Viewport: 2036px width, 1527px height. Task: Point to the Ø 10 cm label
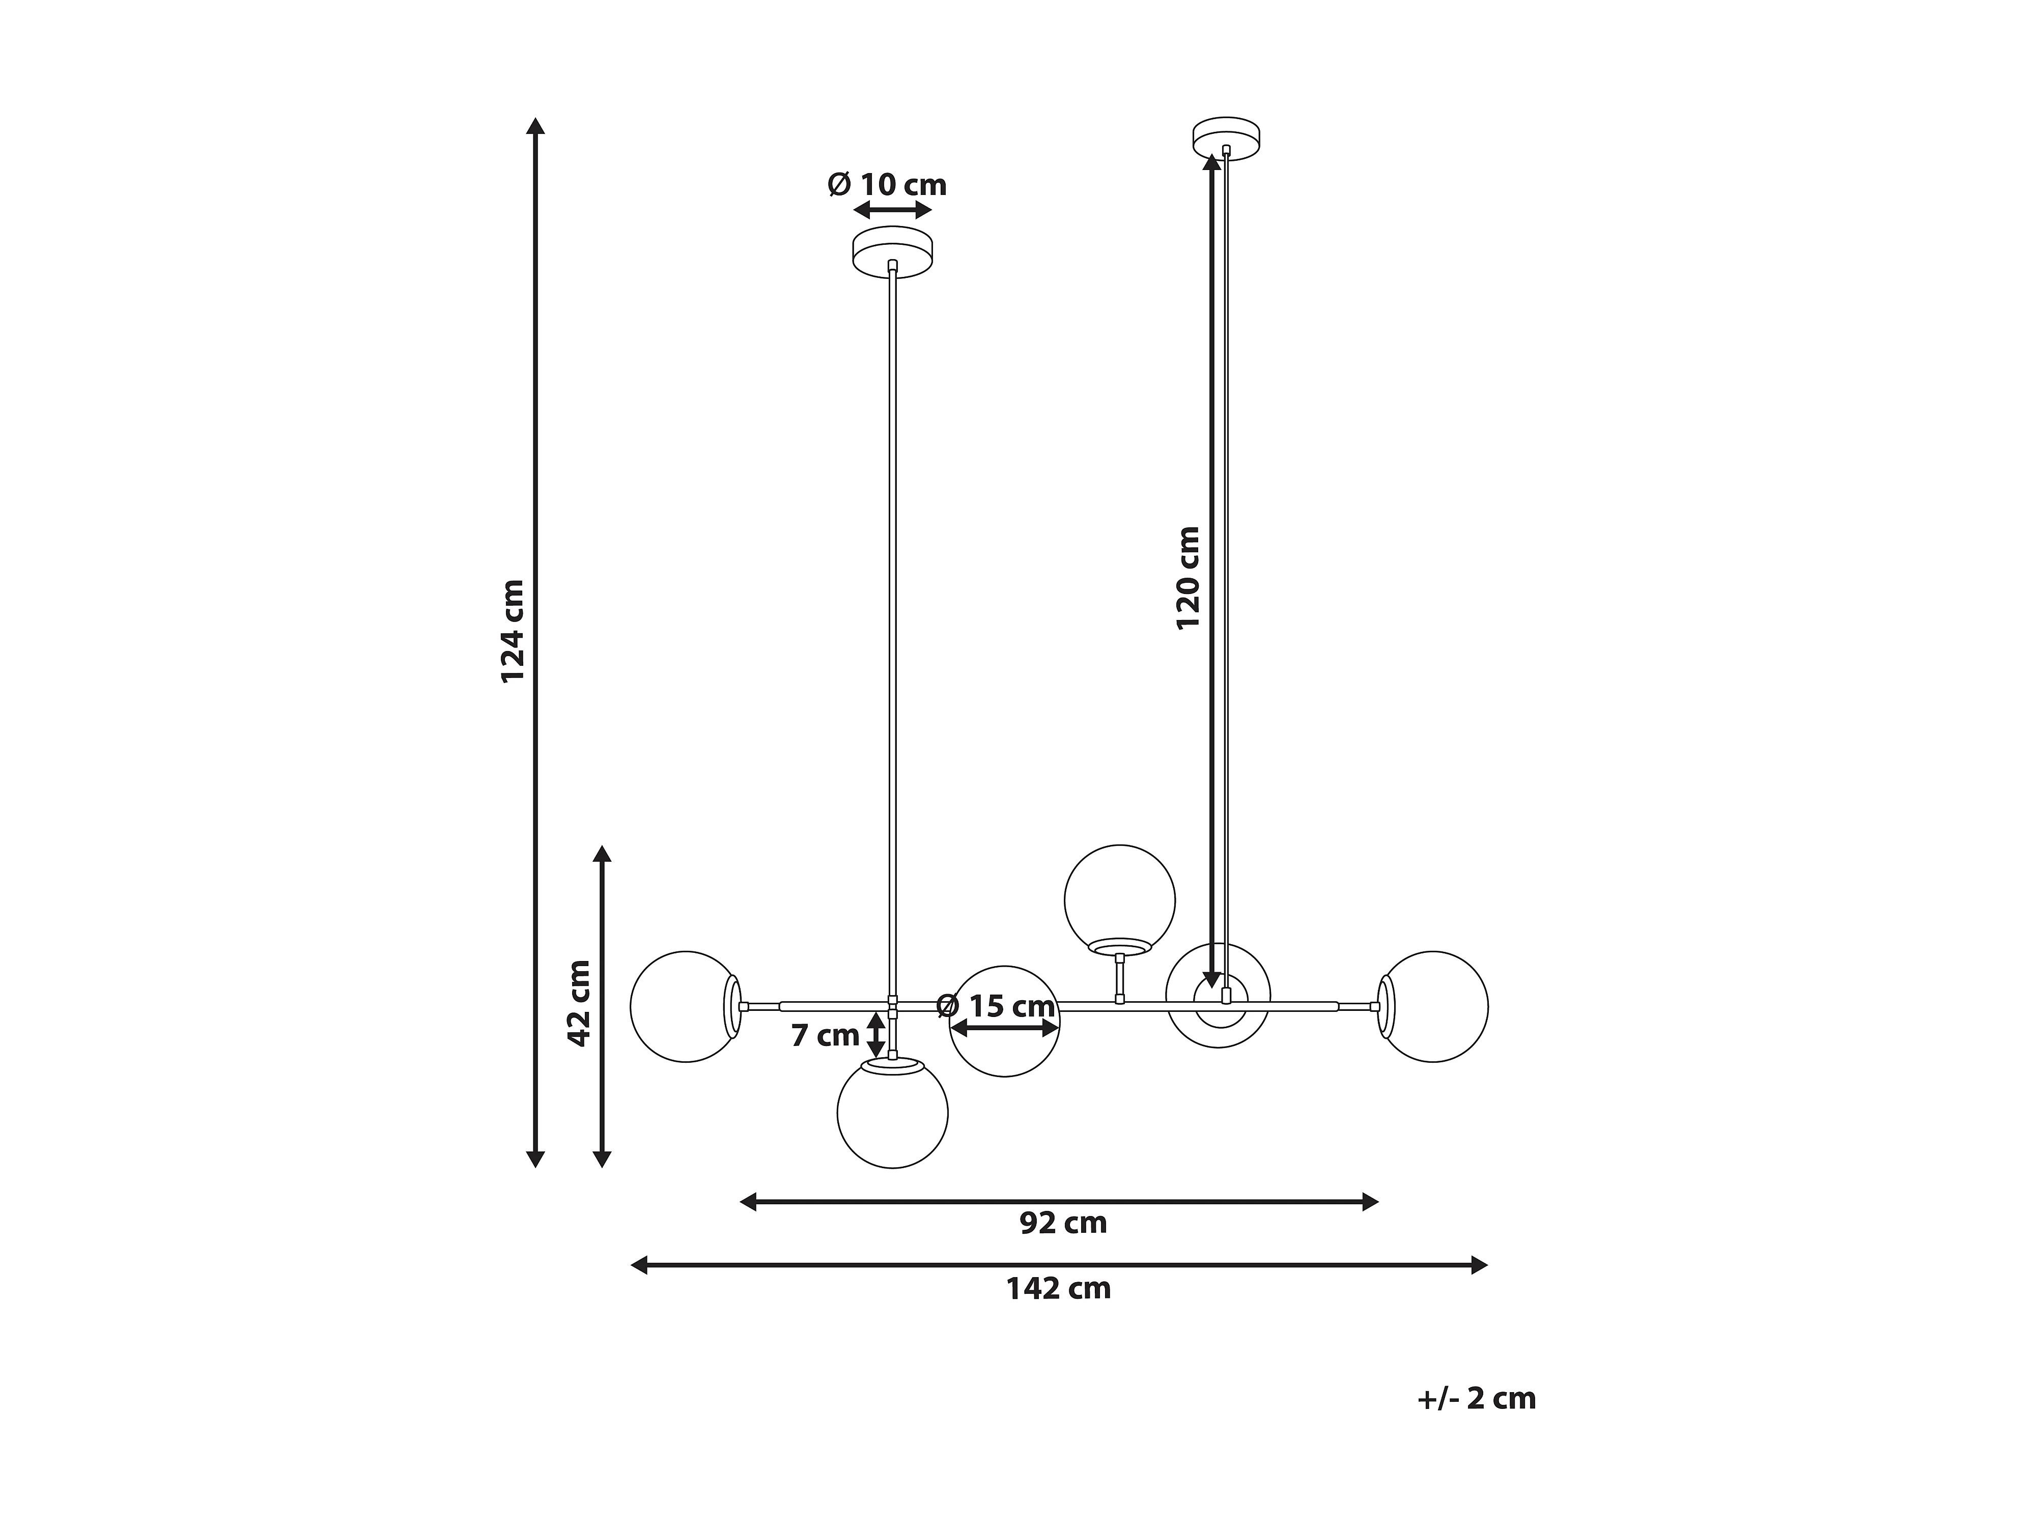(887, 185)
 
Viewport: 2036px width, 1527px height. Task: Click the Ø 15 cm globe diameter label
(996, 1006)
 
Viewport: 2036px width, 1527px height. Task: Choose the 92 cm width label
(1063, 1223)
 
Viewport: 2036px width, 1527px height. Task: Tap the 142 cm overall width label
(1059, 1289)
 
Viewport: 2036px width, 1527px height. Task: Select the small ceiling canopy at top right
(1226, 138)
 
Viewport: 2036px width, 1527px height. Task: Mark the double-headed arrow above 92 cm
(1059, 1201)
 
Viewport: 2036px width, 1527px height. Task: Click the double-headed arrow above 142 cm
(1059, 1265)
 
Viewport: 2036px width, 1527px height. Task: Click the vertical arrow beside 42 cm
(602, 1006)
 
